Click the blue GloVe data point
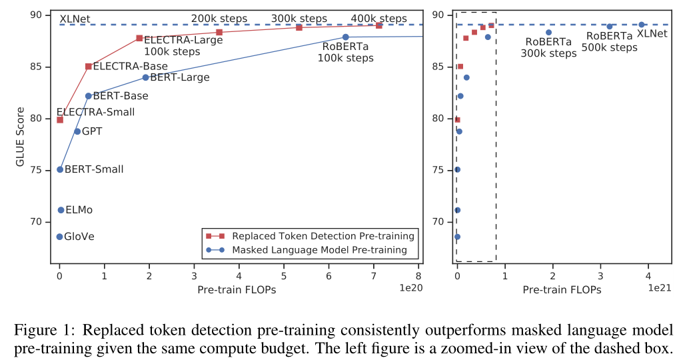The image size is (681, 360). point(59,237)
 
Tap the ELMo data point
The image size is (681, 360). point(61,210)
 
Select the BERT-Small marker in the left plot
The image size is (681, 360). point(60,169)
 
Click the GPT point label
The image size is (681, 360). point(92,132)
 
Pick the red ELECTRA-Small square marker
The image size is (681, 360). point(60,120)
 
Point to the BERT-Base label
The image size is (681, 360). point(120,96)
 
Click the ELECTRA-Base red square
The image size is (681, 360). point(89,67)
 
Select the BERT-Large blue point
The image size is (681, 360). point(145,77)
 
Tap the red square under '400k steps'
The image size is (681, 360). point(378,25)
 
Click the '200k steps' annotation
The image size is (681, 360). point(219,19)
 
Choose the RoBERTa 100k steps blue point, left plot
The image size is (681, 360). point(345,37)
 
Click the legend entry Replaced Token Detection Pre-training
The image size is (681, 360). point(323,236)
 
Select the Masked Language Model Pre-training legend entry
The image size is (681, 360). point(319,250)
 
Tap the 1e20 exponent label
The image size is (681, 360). point(410,288)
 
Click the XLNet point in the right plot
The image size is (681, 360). point(641,25)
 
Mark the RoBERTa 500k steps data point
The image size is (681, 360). point(609,27)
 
